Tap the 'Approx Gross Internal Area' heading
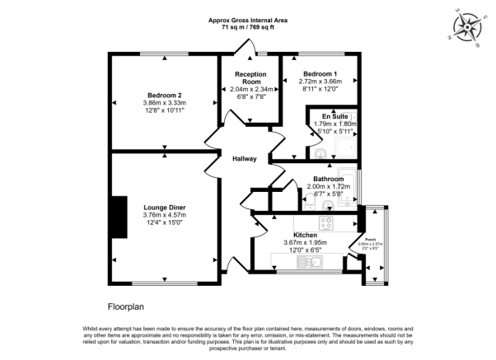[247, 20]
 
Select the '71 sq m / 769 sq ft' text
[247, 27]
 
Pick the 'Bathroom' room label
[328, 179]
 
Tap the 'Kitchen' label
[316, 235]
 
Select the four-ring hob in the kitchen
[326, 222]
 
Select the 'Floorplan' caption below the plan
[127, 304]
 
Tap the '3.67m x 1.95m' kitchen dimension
[316, 242]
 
